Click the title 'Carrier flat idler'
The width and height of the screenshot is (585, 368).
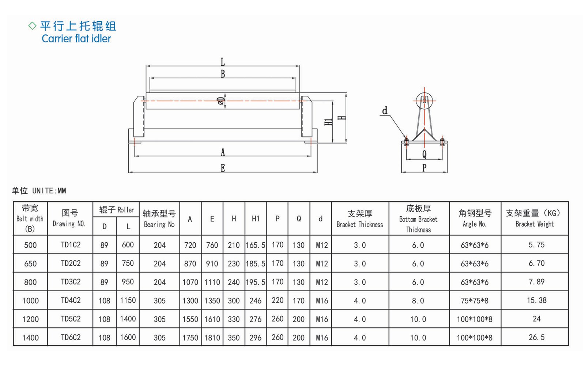(x=76, y=38)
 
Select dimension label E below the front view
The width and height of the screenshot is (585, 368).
(x=223, y=168)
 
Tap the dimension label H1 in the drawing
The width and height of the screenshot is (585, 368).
(x=329, y=121)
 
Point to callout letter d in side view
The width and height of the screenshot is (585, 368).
(x=385, y=111)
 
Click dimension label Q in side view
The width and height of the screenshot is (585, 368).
(x=424, y=154)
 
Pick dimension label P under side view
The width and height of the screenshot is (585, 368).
(x=424, y=168)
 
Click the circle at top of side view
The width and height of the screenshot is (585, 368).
(x=424, y=100)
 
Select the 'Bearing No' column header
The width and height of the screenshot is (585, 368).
(x=159, y=219)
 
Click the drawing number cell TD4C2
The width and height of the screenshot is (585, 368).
(x=71, y=300)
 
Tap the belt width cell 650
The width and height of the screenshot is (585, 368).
(x=30, y=264)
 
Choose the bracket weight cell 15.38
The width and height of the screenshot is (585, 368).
(x=536, y=300)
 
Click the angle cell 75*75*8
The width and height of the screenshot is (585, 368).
(x=474, y=301)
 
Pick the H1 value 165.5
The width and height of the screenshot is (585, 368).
(x=255, y=245)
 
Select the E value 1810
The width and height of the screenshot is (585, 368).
(x=212, y=338)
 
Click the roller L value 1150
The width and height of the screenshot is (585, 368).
(x=128, y=300)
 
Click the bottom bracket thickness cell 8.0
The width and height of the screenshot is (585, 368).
(x=418, y=301)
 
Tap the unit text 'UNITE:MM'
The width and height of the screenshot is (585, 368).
(x=49, y=191)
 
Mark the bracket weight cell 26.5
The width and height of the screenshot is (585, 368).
(x=536, y=337)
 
